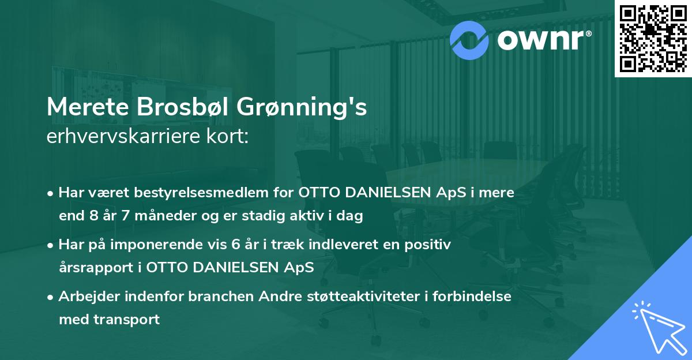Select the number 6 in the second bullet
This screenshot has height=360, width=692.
click(235, 245)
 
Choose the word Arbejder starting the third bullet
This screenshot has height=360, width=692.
click(86, 297)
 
